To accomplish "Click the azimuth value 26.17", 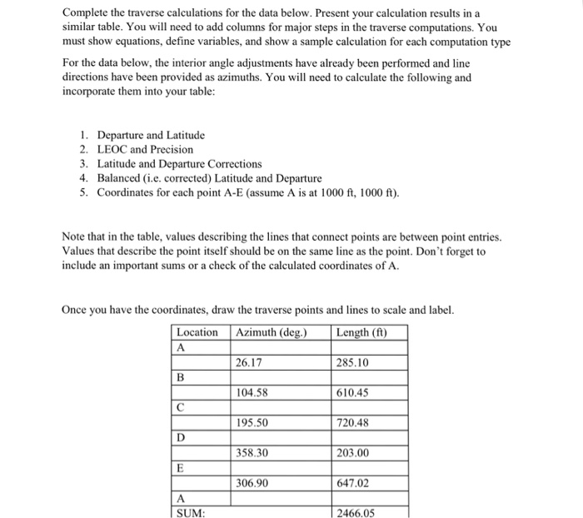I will [x=248, y=362].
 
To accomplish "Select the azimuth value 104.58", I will [x=252, y=392].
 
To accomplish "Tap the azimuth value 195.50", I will [x=252, y=422].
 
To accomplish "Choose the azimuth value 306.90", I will [x=252, y=482].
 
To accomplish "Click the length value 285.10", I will [x=353, y=362].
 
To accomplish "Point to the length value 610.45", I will [x=353, y=392].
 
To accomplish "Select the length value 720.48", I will [x=353, y=422].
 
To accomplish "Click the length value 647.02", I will [x=353, y=482].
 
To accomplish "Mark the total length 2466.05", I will [x=356, y=513].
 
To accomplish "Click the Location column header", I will [x=197, y=333].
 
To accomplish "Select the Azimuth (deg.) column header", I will [x=272, y=333].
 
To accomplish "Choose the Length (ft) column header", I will [x=361, y=333].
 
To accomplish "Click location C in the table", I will [x=180, y=407].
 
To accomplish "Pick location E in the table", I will [x=180, y=467].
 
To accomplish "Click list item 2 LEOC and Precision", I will [x=145, y=149].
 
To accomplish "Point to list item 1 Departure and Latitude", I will [x=150, y=135].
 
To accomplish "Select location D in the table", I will [x=180, y=437].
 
